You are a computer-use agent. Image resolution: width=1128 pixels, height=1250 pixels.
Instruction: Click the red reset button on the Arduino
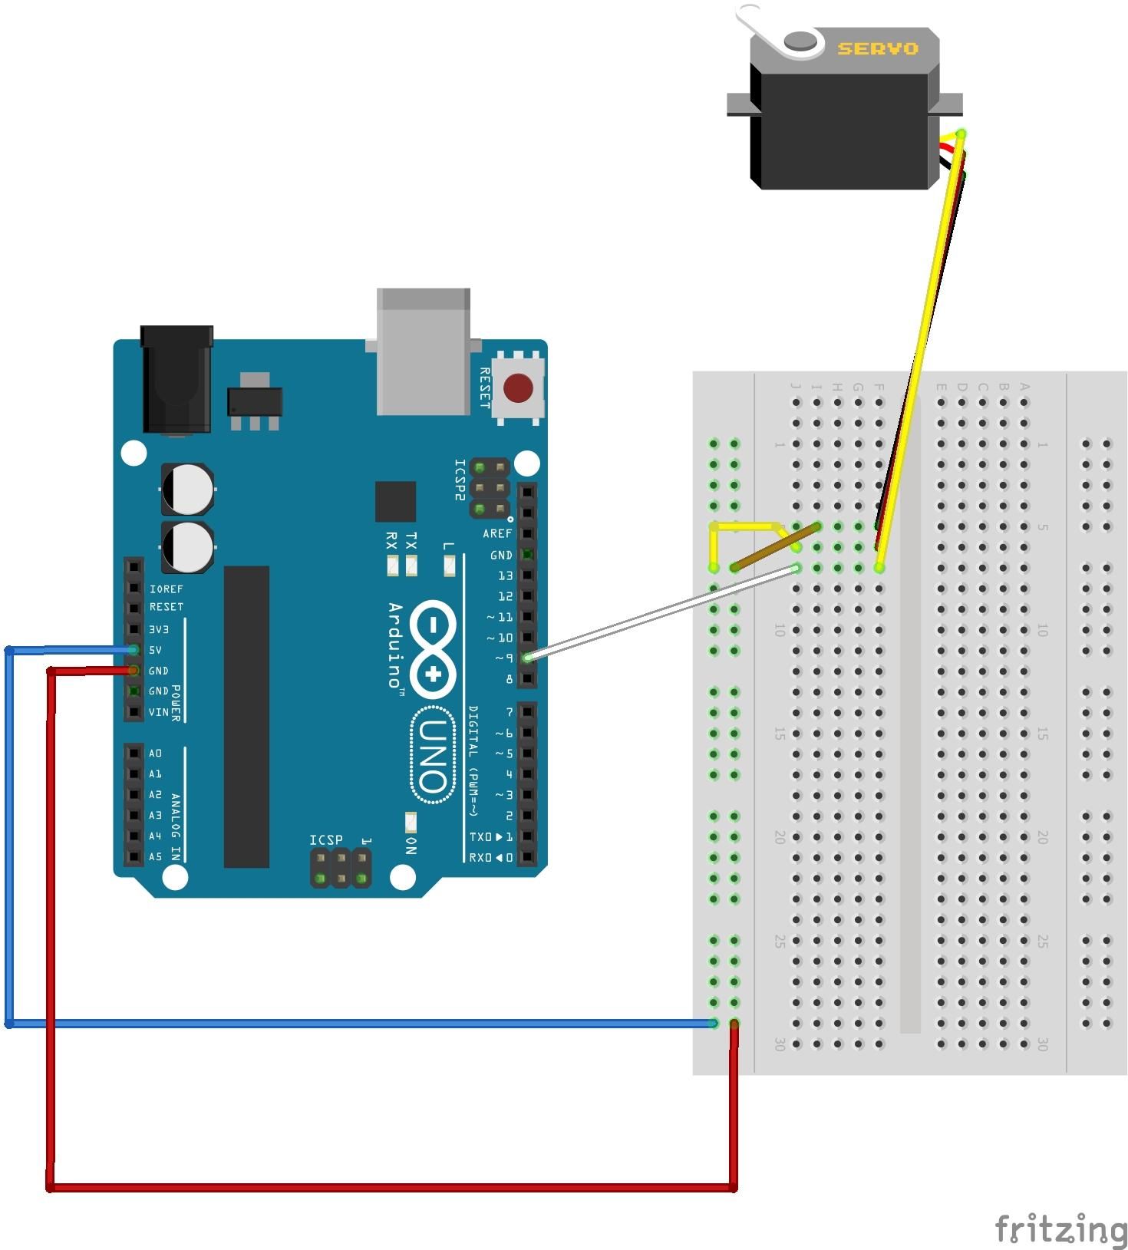(x=519, y=388)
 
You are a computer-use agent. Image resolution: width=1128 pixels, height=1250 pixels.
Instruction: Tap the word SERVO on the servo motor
(x=877, y=49)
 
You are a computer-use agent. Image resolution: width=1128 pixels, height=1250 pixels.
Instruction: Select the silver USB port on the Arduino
(x=423, y=351)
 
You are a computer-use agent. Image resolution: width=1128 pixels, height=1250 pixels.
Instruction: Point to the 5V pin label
(x=155, y=650)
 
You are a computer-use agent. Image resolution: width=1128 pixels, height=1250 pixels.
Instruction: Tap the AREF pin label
(x=496, y=533)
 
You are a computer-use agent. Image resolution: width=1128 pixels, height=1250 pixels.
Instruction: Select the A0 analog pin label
(x=155, y=753)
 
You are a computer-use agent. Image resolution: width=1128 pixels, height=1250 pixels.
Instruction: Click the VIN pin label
(x=158, y=712)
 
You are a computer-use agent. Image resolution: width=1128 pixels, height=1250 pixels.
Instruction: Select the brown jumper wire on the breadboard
(x=775, y=547)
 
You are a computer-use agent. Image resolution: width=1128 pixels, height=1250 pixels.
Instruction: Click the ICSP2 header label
(x=460, y=480)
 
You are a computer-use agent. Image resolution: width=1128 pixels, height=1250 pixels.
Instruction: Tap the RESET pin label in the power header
(x=167, y=606)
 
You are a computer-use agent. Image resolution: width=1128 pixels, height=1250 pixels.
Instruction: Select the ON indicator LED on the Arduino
(x=411, y=822)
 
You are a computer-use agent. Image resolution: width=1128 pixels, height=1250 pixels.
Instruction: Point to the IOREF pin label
(x=166, y=589)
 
